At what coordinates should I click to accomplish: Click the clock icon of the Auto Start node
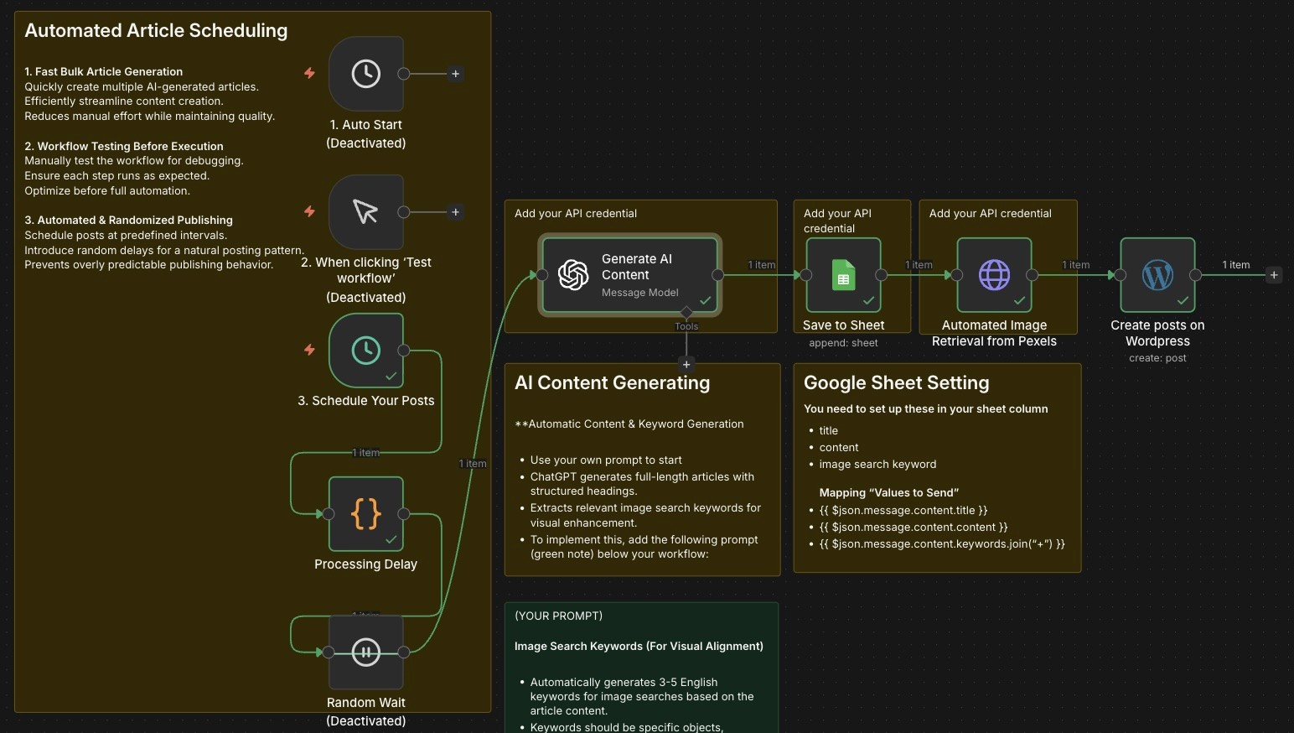click(x=366, y=74)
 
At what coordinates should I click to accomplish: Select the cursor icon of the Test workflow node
click(x=366, y=211)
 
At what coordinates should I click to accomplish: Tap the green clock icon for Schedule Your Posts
click(x=366, y=350)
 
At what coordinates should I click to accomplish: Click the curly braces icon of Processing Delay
click(x=366, y=513)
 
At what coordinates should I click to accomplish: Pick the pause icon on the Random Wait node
click(x=366, y=652)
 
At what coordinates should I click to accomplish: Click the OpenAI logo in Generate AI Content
click(x=574, y=275)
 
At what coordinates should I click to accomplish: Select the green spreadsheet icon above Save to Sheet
click(x=843, y=275)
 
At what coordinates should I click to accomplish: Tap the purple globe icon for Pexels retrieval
click(x=994, y=275)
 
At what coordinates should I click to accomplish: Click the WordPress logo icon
click(x=1157, y=275)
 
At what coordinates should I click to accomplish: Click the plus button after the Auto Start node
click(x=455, y=74)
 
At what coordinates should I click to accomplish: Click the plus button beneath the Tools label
click(x=686, y=364)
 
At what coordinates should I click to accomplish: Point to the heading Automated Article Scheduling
click(x=156, y=31)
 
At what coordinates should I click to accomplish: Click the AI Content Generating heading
click(x=612, y=383)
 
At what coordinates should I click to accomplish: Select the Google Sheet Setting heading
click(x=896, y=383)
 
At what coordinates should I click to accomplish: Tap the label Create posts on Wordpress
click(x=1157, y=333)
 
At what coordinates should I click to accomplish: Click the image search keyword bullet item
click(x=877, y=465)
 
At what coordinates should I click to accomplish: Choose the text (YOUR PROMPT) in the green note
click(x=558, y=616)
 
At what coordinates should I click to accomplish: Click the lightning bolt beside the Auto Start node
click(x=309, y=73)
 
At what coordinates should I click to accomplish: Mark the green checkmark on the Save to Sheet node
click(x=869, y=300)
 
